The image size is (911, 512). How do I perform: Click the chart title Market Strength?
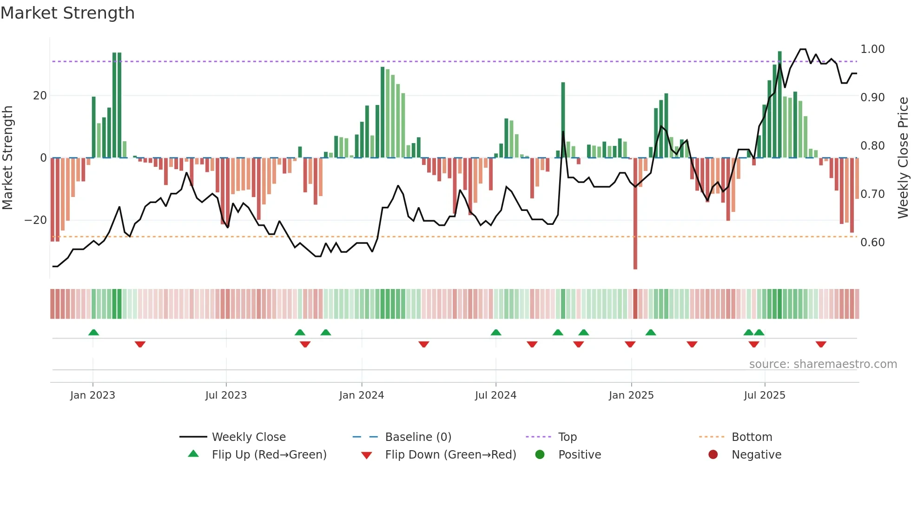tap(68, 13)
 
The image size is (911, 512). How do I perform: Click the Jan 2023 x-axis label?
tap(92, 395)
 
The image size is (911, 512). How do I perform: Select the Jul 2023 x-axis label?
tap(226, 395)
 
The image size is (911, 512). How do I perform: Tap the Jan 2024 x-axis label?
tap(362, 395)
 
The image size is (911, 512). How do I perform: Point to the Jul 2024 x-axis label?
tap(495, 395)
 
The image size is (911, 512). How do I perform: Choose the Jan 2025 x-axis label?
tap(631, 395)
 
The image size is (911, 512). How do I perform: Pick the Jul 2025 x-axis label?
tap(765, 395)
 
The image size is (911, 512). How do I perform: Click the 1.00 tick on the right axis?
tap(872, 49)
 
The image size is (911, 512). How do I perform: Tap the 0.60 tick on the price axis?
tap(872, 243)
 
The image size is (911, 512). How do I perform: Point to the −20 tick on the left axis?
tap(36, 220)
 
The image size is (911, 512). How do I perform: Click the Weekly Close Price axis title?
tap(903, 158)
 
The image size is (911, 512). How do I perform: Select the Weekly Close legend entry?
tap(249, 437)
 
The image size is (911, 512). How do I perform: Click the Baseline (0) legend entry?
tap(418, 437)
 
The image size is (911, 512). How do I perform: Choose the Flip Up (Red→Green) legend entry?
tap(269, 455)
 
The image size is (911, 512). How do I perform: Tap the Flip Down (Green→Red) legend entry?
tap(450, 455)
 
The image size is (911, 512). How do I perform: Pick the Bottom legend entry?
tap(752, 437)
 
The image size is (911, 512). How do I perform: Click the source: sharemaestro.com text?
tap(823, 364)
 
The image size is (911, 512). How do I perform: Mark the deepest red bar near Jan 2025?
tap(635, 214)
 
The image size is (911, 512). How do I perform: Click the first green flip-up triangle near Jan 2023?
tap(93, 332)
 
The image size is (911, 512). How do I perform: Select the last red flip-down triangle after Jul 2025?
tap(821, 344)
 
